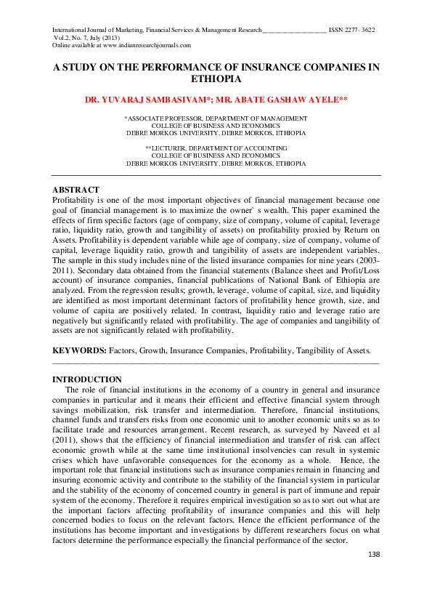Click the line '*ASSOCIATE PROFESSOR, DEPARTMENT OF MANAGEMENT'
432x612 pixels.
216,118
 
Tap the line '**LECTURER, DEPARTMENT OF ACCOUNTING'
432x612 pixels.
216,148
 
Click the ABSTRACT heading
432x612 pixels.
76,190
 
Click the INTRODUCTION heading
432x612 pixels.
87,379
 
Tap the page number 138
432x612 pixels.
374,555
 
